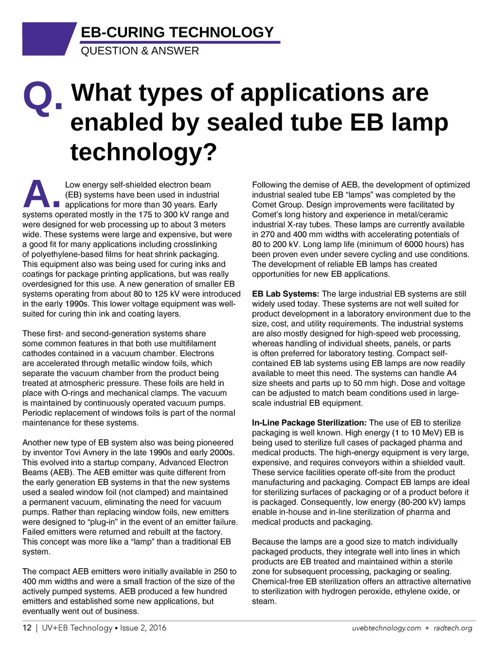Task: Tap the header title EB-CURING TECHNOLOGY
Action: coord(177,33)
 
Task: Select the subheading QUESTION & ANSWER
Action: coord(140,51)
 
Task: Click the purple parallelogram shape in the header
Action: coord(48,38)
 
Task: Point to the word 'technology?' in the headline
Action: coord(143,152)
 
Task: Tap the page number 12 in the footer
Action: coord(27,628)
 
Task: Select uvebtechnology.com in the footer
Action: coord(386,628)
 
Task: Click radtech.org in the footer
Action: coord(453,628)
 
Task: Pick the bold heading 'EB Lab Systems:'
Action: coord(285,294)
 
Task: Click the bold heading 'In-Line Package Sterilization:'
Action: coord(309,423)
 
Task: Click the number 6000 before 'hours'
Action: coord(414,244)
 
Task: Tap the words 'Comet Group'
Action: coord(277,205)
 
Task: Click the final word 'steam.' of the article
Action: coord(264,601)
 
